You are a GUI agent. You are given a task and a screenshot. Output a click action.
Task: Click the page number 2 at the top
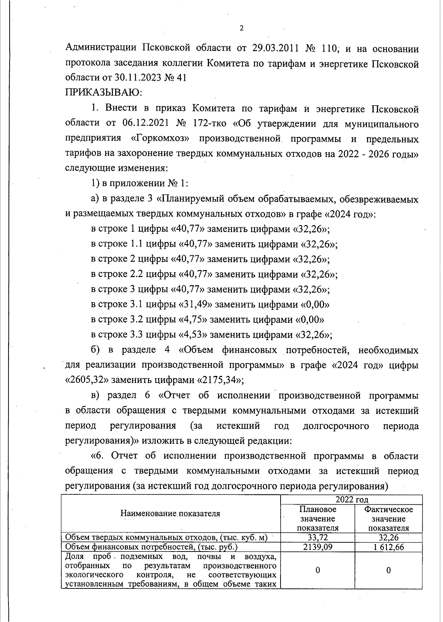[x=241, y=28]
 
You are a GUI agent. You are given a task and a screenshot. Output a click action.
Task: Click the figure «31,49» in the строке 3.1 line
[x=195, y=305]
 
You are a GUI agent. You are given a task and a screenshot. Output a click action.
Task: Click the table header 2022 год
[x=351, y=500]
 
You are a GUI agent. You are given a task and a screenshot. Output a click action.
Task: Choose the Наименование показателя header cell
[x=170, y=513]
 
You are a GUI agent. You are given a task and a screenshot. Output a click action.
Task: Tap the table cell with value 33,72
[x=317, y=538]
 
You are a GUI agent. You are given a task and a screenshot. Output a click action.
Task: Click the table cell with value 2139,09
[x=317, y=547]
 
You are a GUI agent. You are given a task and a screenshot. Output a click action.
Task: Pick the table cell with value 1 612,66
[x=388, y=547]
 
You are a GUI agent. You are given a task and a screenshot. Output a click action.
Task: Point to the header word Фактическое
[x=388, y=509]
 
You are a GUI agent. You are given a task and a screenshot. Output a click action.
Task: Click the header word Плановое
[x=317, y=509]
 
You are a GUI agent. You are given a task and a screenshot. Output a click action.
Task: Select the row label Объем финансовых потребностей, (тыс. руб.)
[x=151, y=547]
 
